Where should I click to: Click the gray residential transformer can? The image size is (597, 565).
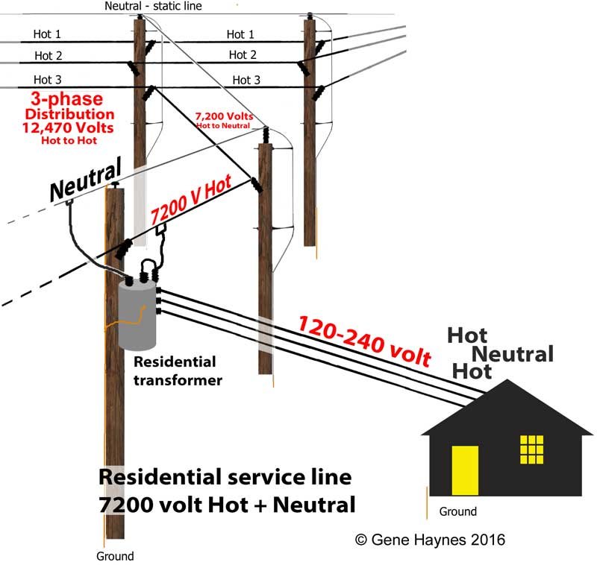pos(137,315)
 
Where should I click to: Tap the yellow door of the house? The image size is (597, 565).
pos(465,470)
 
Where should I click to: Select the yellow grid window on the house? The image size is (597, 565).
pos(531,449)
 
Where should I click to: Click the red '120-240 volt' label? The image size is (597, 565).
pos(364,341)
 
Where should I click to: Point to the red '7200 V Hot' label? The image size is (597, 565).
pos(191,199)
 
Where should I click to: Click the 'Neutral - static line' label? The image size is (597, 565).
pos(153,6)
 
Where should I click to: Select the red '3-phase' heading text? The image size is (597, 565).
pos(67,99)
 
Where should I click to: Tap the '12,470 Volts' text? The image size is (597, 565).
pos(68,127)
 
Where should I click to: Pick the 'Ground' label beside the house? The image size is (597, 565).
pos(457,511)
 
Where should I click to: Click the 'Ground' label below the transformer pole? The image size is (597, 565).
pos(115,556)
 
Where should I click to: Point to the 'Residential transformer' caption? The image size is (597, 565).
pos(178,370)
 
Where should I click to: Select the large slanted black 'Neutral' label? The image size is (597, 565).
pos(86,179)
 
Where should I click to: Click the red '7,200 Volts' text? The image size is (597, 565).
pos(224,116)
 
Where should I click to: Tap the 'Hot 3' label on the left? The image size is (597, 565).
pos(47,80)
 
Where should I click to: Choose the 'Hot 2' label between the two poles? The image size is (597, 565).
pos(243,55)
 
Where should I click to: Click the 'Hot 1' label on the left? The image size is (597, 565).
pos(47,34)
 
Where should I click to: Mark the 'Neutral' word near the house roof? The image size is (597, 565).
pos(513,354)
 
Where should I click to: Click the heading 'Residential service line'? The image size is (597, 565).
pos(225,477)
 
